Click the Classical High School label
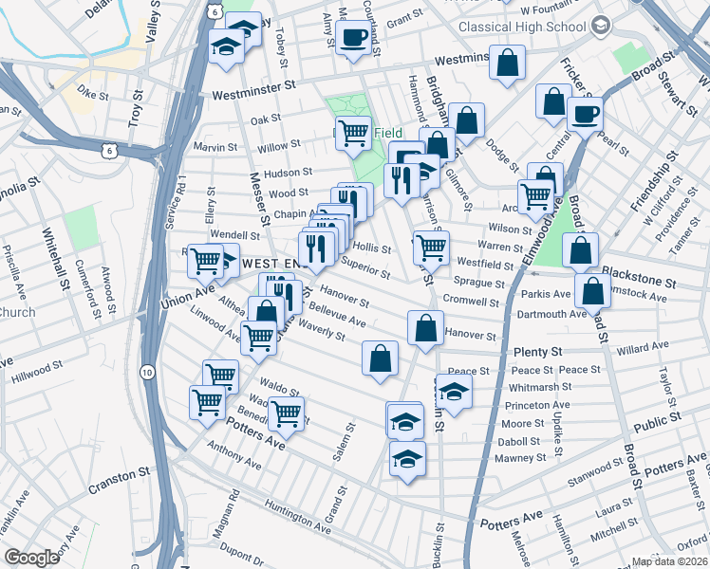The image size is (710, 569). click(521, 28)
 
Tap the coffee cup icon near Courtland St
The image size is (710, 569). click(354, 39)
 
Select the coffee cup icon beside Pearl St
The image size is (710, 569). click(585, 114)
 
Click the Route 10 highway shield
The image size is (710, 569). click(147, 371)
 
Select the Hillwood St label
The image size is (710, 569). click(37, 378)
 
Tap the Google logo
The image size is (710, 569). click(31, 558)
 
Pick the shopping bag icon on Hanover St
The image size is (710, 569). click(425, 328)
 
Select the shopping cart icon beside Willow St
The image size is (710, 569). click(353, 134)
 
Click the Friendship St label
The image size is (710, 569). click(654, 188)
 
